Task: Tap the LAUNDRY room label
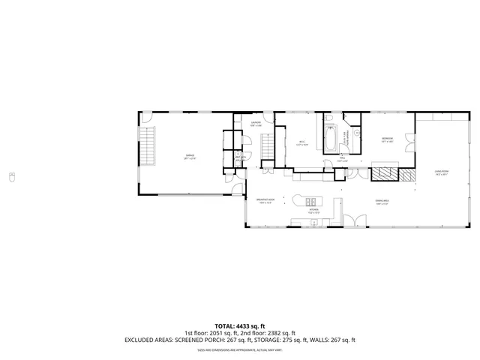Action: click(x=256, y=124)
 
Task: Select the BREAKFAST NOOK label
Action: click(x=265, y=200)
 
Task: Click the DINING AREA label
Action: click(x=382, y=201)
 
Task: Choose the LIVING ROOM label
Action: click(x=441, y=172)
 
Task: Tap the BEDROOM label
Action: click(x=386, y=139)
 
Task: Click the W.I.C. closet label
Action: click(x=301, y=143)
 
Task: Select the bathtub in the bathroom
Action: click(x=330, y=139)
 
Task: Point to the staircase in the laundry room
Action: click(x=268, y=148)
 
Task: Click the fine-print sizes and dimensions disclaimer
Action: click(x=240, y=349)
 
